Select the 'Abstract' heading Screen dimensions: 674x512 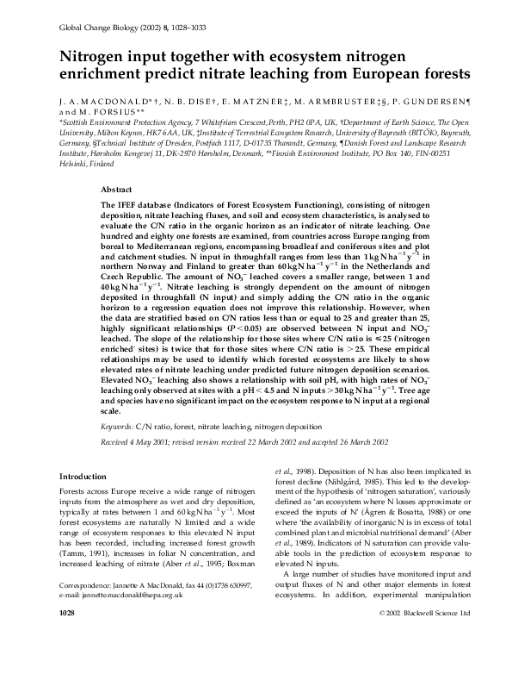116,187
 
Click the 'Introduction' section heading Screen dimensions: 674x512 83,477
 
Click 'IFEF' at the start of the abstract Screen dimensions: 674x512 126,199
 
